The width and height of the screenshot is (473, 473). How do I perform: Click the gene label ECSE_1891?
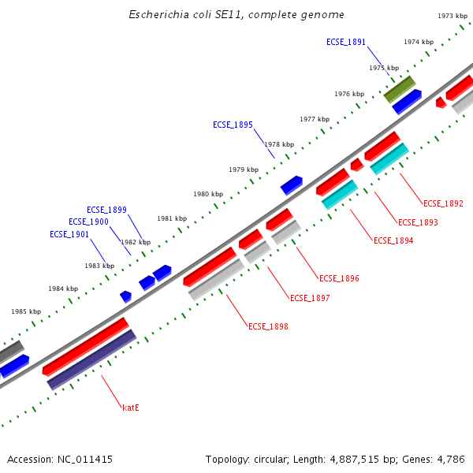pyautogui.click(x=346, y=42)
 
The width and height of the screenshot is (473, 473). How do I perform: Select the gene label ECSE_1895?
pyautogui.click(x=233, y=125)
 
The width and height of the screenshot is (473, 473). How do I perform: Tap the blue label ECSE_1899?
pyautogui.click(x=106, y=210)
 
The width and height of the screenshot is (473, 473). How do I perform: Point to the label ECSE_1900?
pyautogui.click(x=88, y=222)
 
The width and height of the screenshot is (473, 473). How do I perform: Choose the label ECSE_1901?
pyautogui.click(x=69, y=234)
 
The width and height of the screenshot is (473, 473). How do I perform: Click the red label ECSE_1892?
pyautogui.click(x=443, y=203)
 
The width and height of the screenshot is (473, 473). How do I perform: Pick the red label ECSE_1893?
pyautogui.click(x=418, y=222)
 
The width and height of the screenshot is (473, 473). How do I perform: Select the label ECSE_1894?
pyautogui.click(x=393, y=240)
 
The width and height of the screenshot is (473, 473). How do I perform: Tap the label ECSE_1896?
pyautogui.click(x=339, y=278)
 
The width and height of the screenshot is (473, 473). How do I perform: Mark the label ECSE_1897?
pyautogui.click(x=310, y=298)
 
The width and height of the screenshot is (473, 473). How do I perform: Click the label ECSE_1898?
pyautogui.click(x=268, y=326)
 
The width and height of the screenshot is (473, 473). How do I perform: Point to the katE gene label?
pyautogui.click(x=131, y=408)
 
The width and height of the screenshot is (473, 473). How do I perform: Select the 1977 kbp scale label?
pyautogui.click(x=315, y=119)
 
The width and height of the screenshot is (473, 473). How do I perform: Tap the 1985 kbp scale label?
pyautogui.click(x=26, y=311)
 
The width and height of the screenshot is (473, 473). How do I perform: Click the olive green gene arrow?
pyautogui.click(x=400, y=88)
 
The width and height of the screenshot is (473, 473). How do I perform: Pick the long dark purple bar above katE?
pyautogui.click(x=91, y=359)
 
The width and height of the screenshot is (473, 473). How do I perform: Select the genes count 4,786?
pyautogui.click(x=449, y=459)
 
